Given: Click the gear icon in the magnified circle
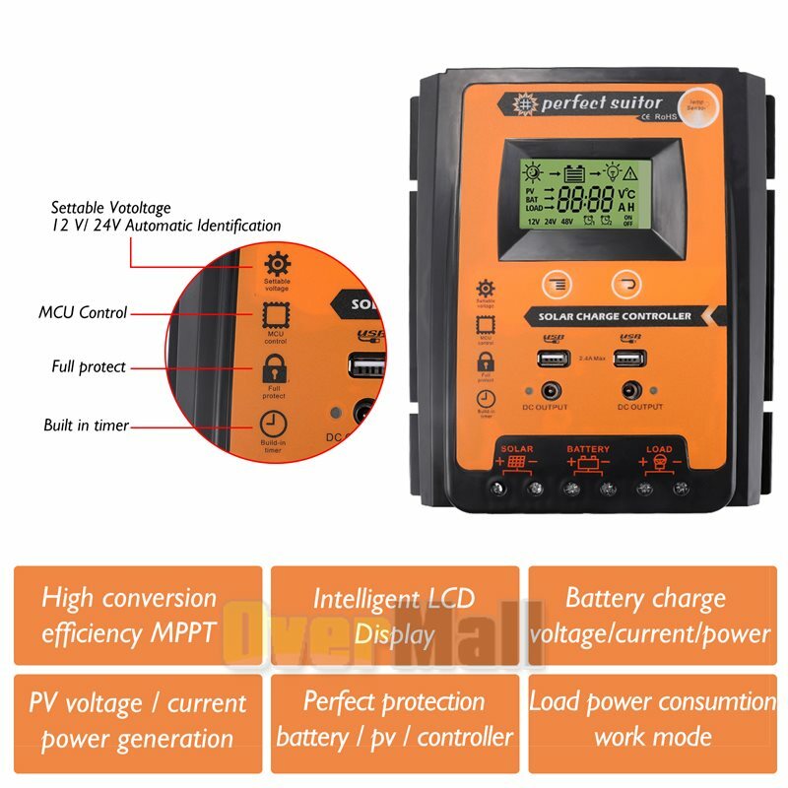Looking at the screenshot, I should point(277,264).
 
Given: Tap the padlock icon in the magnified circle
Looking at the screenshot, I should point(274,370).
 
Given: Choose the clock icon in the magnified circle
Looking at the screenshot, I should point(272,425).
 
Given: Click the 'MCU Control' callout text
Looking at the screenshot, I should point(83,313).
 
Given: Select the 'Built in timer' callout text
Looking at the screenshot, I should point(86,426).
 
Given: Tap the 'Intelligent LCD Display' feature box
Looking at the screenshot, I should point(394,615).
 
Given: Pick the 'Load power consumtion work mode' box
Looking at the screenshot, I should point(652,719).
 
